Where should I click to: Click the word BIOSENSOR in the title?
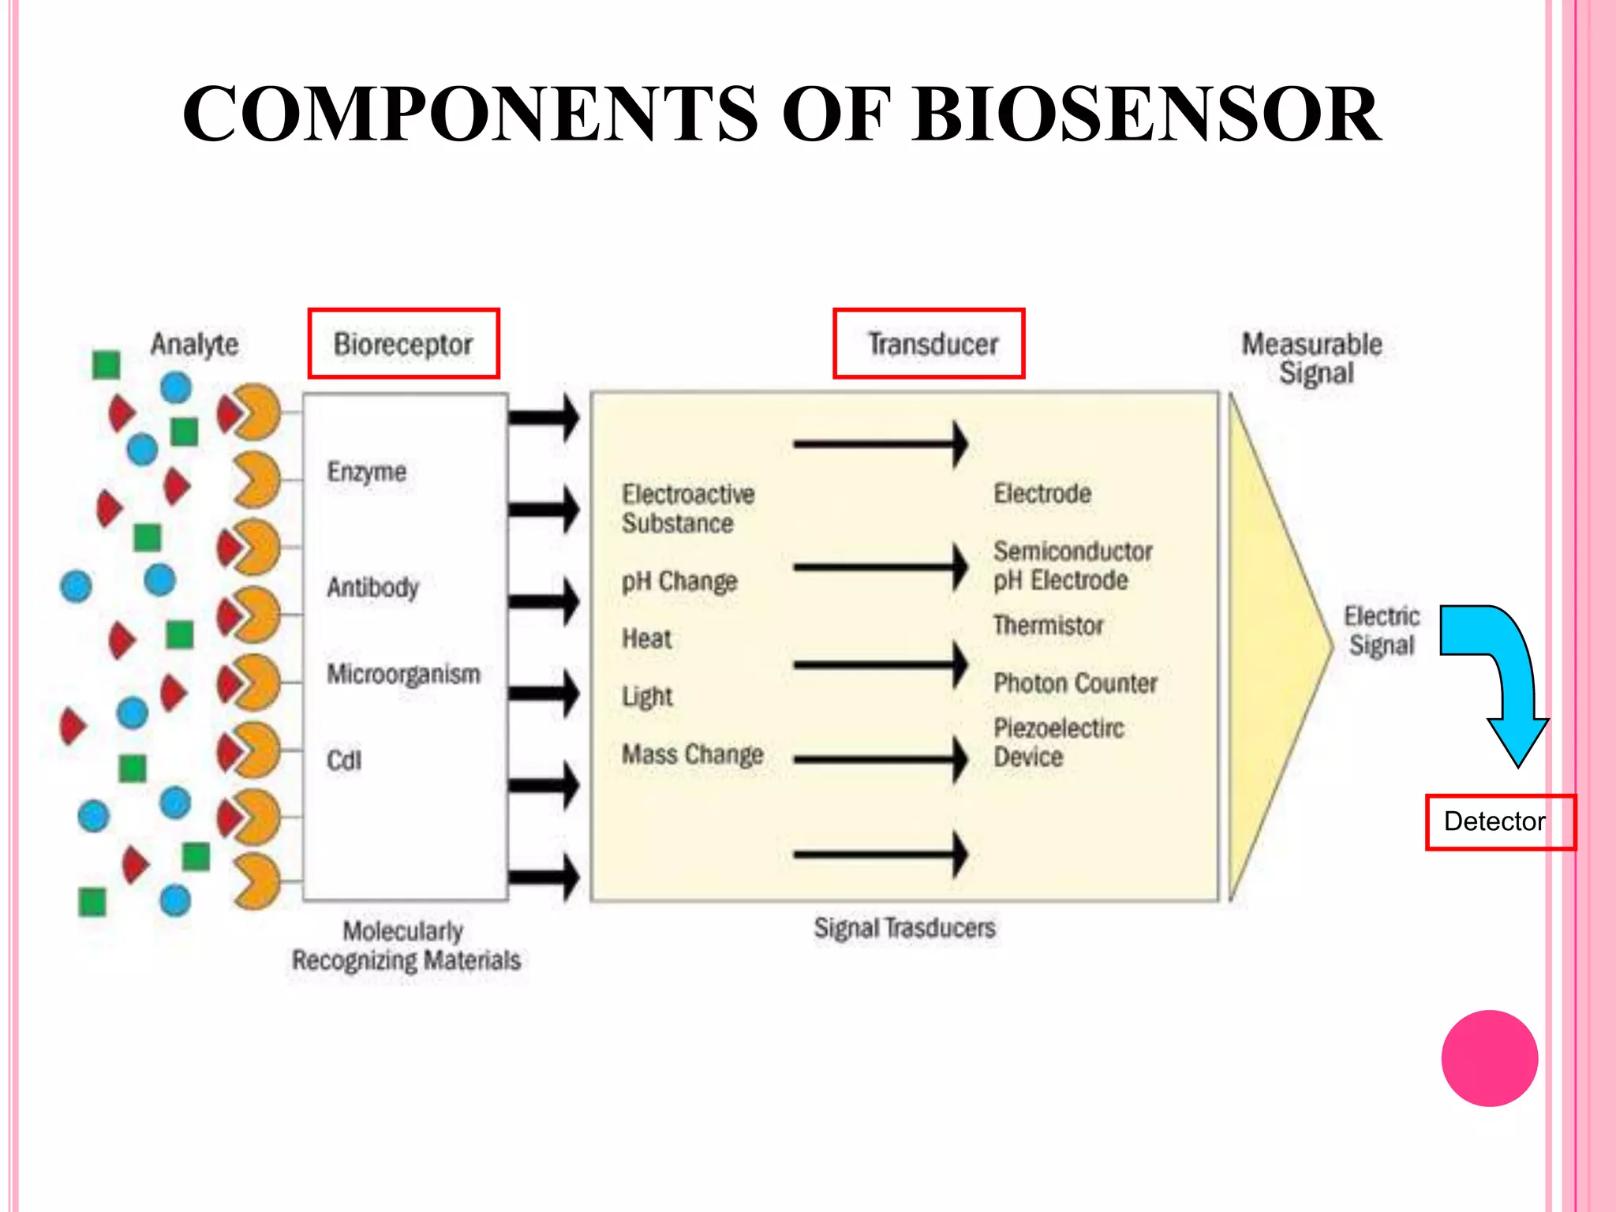tap(1146, 114)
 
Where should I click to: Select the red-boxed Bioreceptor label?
tap(403, 344)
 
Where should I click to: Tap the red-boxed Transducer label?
tap(930, 344)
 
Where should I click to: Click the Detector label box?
tap(1498, 821)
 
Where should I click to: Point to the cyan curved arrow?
tap(1499, 671)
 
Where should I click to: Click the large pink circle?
tap(1489, 1058)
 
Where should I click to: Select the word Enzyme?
tap(367, 472)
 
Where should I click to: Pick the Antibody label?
tap(373, 587)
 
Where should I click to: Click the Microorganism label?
tap(404, 674)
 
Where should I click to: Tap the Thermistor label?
tap(1048, 625)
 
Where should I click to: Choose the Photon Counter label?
tap(1075, 683)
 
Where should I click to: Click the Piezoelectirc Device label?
tap(1058, 742)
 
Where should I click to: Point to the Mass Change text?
tap(693, 754)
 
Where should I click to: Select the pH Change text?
tap(679, 582)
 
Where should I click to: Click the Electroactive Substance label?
tap(688, 509)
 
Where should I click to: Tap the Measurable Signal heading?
tap(1312, 358)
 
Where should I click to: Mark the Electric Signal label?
tap(1382, 630)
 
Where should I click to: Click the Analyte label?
tap(194, 344)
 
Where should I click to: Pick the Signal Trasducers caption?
tap(904, 928)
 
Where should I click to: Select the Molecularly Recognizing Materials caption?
tap(406, 945)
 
